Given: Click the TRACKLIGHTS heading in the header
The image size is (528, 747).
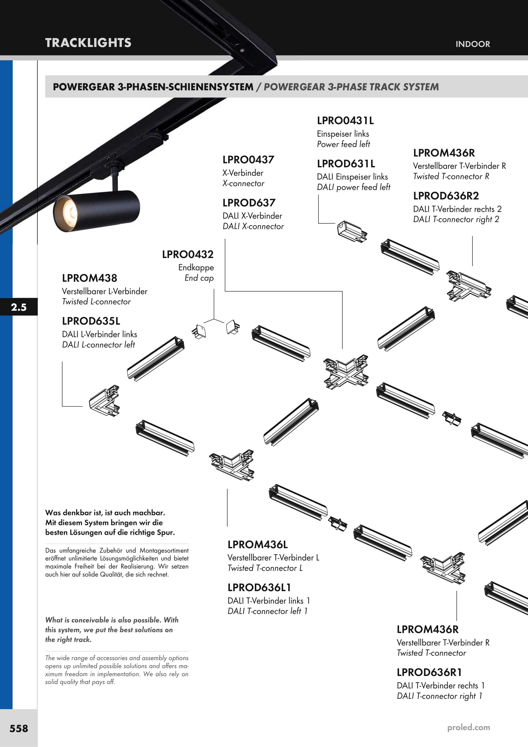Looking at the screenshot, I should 88,43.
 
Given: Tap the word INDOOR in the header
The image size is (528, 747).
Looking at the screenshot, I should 472,44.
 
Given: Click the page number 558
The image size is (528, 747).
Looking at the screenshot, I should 19,728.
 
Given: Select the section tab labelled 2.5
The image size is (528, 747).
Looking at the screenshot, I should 19,307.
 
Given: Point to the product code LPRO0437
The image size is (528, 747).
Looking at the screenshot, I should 248,160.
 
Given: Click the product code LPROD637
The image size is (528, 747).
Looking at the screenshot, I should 249,203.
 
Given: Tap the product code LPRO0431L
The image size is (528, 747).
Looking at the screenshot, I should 345,121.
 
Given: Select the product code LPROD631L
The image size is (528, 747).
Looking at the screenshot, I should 346,164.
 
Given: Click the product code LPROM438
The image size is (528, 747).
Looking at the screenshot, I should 89,278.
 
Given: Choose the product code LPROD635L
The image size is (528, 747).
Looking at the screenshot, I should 91,321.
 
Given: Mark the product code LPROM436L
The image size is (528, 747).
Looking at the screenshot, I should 257,545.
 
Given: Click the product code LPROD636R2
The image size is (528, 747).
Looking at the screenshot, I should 446,196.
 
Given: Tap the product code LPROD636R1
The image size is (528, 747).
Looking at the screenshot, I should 429,672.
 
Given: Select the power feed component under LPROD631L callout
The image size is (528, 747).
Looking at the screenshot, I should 352,231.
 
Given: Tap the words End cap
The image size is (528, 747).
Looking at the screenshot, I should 199,278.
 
